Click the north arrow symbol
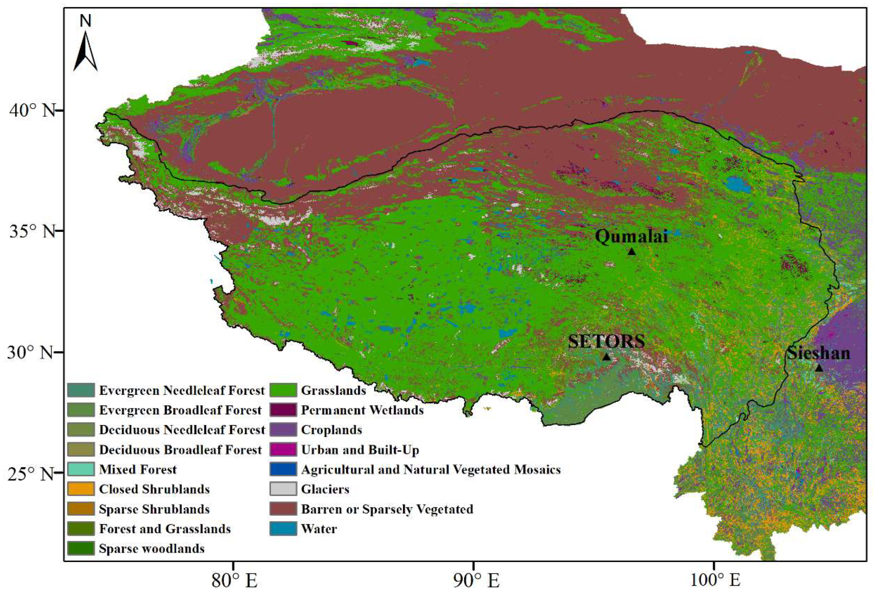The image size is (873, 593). pyautogui.click(x=86, y=51)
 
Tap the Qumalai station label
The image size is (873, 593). pyautogui.click(x=631, y=237)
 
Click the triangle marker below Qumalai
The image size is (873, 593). pyautogui.click(x=631, y=251)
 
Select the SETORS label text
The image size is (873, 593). pyautogui.click(x=606, y=341)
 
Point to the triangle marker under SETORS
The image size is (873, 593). pyautogui.click(x=606, y=356)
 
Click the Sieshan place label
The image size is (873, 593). pyautogui.click(x=818, y=353)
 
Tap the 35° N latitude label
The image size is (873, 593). pyautogui.click(x=32, y=231)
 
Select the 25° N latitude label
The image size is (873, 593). pyautogui.click(x=32, y=474)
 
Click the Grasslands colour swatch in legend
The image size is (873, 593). pyautogui.click(x=283, y=390)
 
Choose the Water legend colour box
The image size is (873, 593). pyautogui.click(x=283, y=529)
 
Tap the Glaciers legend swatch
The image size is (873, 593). pyautogui.click(x=283, y=489)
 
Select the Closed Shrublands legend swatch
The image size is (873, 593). pyautogui.click(x=81, y=489)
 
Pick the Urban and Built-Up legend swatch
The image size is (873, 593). pyautogui.click(x=283, y=449)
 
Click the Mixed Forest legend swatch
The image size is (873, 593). pyautogui.click(x=81, y=469)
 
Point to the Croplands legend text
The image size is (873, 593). pyautogui.click(x=331, y=430)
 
